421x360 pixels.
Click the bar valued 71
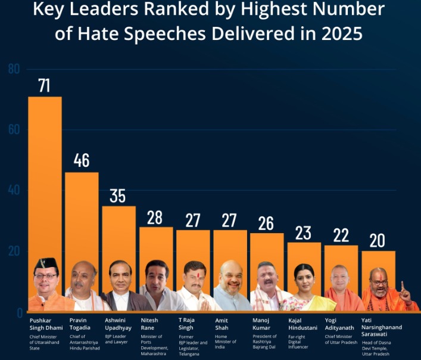pos(45,179)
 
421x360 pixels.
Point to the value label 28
pos(155,217)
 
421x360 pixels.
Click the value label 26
pos(266,223)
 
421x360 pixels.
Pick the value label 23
pos(303,232)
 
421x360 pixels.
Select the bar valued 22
pos(341,256)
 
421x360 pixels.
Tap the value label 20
pos(377,240)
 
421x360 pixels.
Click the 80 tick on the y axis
pos(14,69)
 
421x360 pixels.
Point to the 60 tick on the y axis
pos(14,130)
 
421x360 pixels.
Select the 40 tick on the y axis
pos(14,191)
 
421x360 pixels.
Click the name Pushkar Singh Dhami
pos(45,324)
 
